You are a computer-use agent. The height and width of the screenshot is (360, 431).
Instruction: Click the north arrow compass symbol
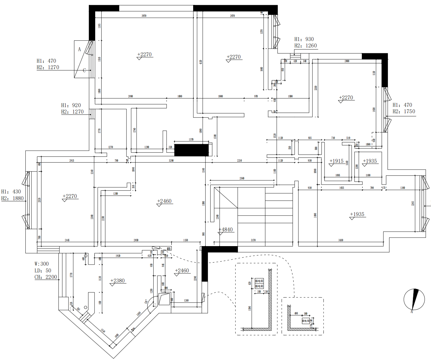pos(414,300)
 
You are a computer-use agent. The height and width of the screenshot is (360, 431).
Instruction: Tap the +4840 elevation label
pos(226,230)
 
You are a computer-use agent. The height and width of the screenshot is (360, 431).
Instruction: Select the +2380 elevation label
pos(118,281)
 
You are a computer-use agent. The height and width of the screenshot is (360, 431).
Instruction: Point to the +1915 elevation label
pos(336,161)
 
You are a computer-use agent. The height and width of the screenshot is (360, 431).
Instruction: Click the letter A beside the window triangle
pos(79,49)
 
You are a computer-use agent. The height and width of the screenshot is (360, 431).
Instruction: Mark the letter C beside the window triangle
pos(84,70)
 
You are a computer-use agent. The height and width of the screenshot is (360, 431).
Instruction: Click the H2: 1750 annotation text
pos(404,111)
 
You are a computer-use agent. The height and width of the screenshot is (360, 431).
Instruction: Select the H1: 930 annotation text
pos(304,39)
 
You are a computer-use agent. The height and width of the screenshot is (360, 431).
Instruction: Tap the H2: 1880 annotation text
pos(13,198)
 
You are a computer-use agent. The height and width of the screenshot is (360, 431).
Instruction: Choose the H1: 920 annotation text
pos(71,105)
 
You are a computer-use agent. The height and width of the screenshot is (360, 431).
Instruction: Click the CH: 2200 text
pos(46,277)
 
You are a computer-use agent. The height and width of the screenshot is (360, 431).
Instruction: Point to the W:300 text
pos(42,264)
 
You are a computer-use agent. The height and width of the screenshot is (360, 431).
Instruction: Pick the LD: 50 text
pos(43,271)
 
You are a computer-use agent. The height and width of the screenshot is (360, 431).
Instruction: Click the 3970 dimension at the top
pos(144,16)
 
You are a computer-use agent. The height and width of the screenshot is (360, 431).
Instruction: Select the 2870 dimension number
pos(232,16)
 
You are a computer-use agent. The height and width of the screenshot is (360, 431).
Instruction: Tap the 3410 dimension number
pos(341,240)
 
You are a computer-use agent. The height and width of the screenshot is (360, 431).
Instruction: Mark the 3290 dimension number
pos(171,161)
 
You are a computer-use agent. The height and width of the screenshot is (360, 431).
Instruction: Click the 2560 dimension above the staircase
pos(242,178)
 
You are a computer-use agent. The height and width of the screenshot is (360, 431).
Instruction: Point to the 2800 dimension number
pos(347,61)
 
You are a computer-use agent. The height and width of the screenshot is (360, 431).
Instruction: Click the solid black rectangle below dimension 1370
pos(192,150)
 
